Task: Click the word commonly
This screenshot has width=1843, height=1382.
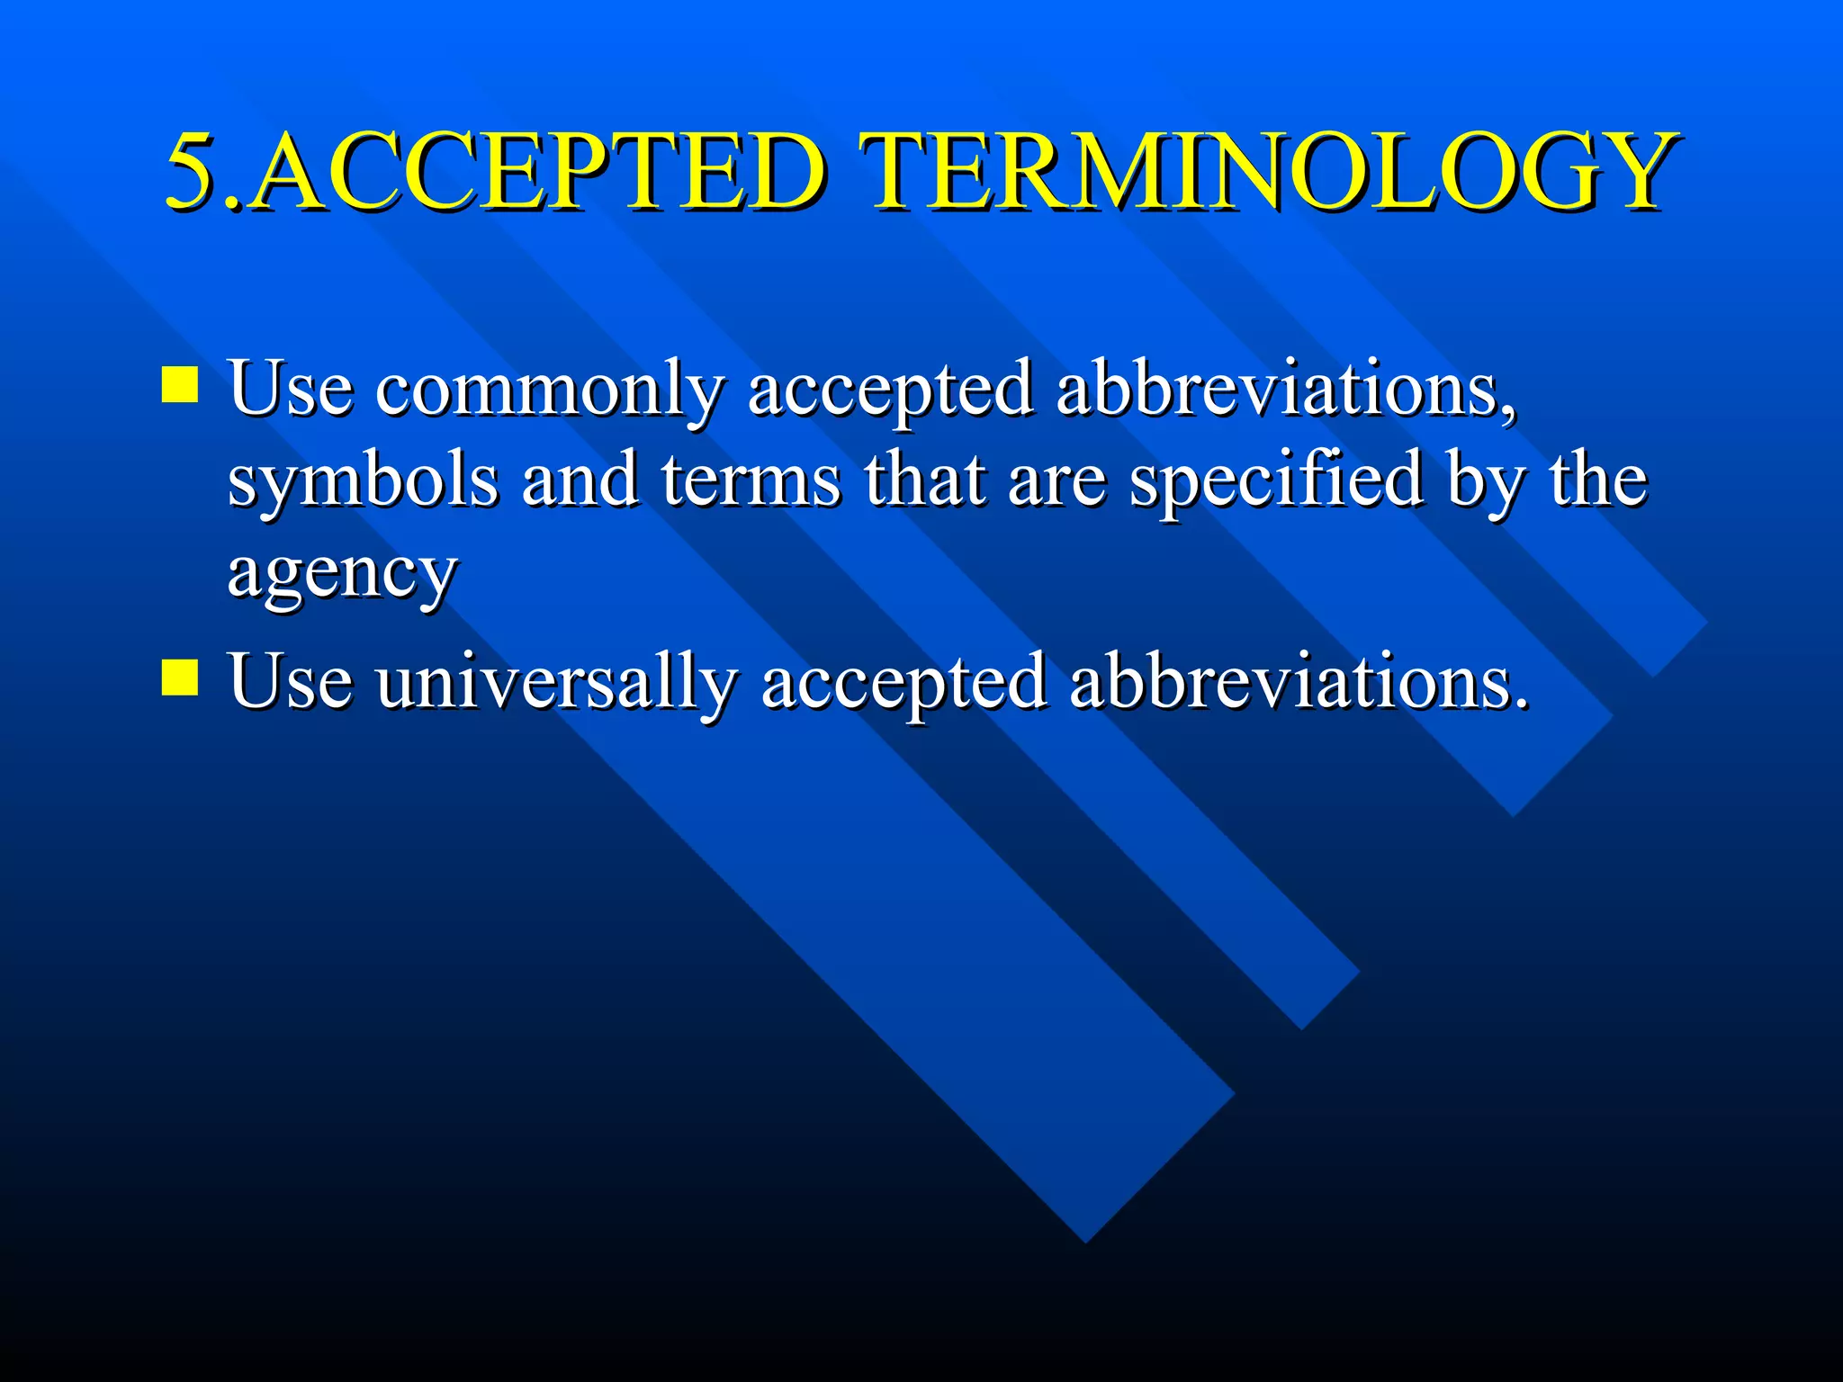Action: click(549, 390)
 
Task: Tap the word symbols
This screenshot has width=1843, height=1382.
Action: click(363, 481)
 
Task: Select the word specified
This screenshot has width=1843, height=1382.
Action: click(1277, 481)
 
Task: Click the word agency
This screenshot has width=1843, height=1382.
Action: click(343, 574)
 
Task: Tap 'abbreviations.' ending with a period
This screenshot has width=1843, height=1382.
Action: click(1299, 681)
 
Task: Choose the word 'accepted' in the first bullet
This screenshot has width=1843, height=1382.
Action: click(890, 392)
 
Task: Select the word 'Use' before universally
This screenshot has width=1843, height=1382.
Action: click(290, 681)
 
